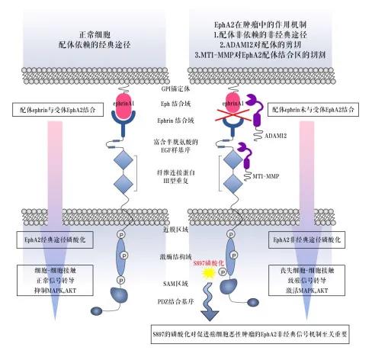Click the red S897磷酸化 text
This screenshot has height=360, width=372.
[x=209, y=262]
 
